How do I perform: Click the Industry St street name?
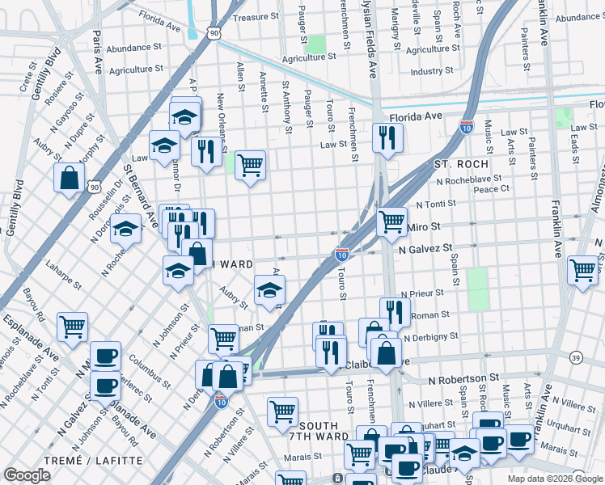click(x=432, y=72)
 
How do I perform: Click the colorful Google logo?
click(x=27, y=475)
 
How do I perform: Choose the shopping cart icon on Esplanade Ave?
click(x=72, y=327)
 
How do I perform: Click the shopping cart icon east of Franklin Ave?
click(x=582, y=270)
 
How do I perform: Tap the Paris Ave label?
click(x=97, y=48)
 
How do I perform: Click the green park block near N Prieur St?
click(x=478, y=289)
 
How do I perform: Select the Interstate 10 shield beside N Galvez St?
click(x=342, y=255)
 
